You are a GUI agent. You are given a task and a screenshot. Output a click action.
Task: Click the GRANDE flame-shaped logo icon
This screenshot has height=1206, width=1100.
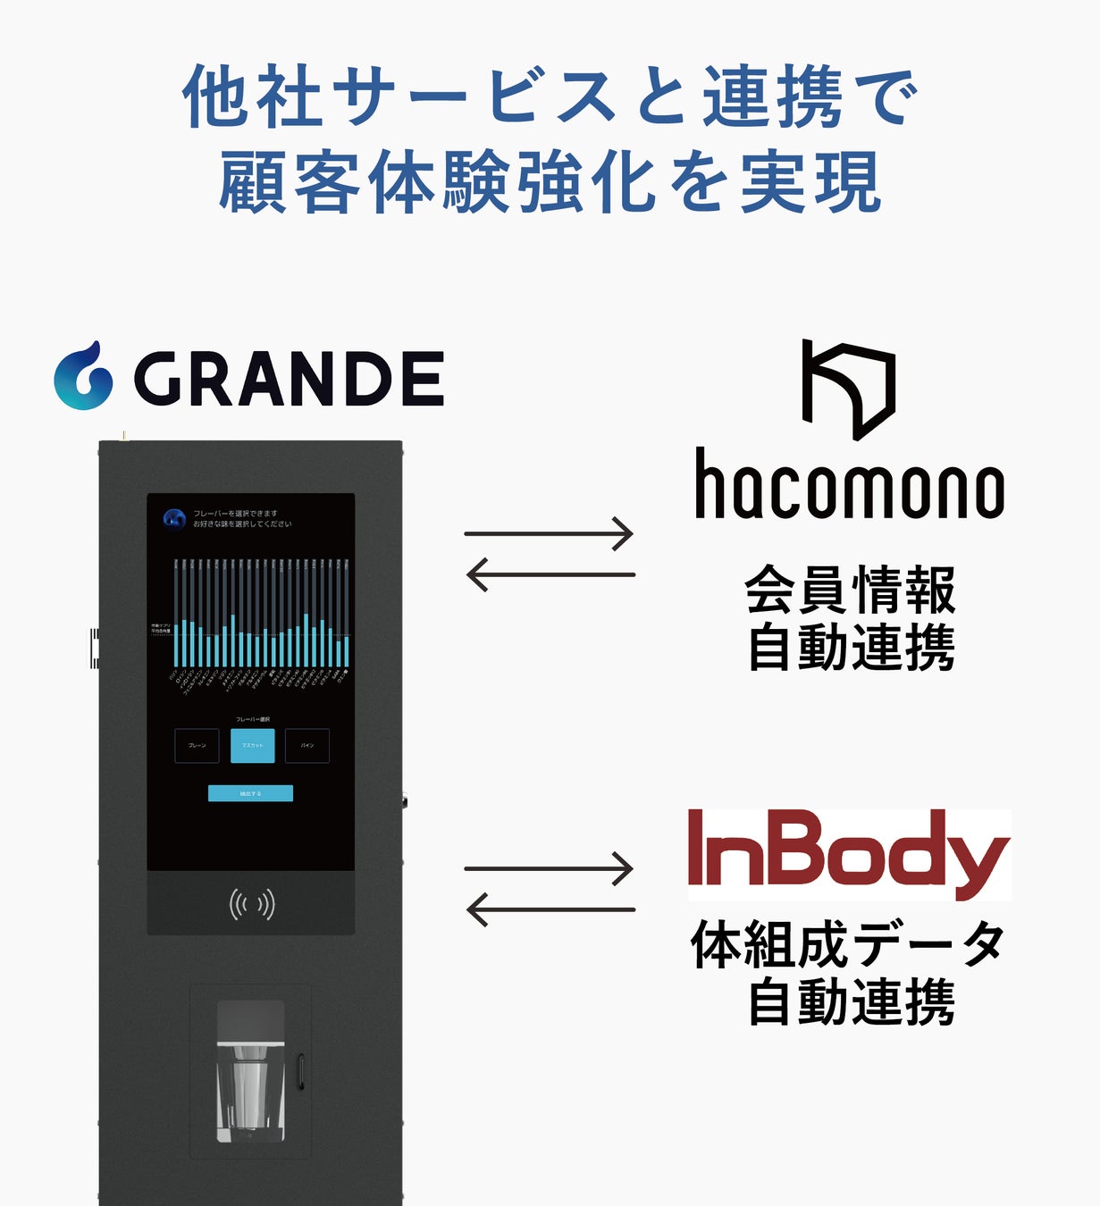83,376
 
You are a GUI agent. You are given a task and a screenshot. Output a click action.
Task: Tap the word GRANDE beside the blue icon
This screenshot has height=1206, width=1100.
289,379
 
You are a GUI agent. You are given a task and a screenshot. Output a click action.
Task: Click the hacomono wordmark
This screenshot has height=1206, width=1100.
849,485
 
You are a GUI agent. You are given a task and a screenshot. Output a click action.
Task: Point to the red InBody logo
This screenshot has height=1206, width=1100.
848,853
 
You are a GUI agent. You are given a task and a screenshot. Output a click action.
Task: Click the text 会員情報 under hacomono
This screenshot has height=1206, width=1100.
850,590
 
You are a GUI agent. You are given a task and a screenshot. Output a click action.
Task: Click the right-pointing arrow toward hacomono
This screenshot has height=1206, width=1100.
549,534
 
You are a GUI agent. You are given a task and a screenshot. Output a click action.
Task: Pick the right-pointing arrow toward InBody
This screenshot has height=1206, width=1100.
549,868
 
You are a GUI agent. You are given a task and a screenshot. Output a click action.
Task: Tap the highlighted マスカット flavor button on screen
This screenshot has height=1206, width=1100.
252,746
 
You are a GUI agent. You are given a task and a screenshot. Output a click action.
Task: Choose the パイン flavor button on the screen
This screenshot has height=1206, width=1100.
307,746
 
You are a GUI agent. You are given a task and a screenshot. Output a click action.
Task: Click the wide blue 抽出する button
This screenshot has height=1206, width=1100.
250,793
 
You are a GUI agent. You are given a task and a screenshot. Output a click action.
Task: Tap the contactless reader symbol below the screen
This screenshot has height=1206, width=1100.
251,905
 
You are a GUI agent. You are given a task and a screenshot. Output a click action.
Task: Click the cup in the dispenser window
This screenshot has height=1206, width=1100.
249,1085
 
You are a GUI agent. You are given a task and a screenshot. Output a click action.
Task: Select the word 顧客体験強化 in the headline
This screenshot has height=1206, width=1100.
441,183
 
